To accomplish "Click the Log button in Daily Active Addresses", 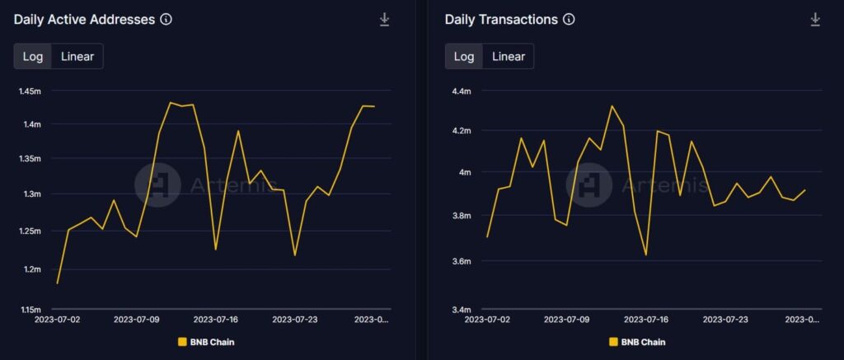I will click(x=33, y=57).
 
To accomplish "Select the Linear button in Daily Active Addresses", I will click(x=77, y=57).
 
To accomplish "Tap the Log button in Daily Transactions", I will click(x=464, y=57).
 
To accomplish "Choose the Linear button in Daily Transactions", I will click(x=509, y=57).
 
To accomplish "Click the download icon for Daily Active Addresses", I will click(x=384, y=20).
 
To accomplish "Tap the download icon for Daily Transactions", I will click(x=815, y=20).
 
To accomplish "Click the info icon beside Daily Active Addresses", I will click(x=166, y=20).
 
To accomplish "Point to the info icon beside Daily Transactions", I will click(x=569, y=20).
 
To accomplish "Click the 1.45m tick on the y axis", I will click(x=30, y=91).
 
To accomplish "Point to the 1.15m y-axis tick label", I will click(x=30, y=310).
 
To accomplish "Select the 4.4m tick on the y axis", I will click(x=458, y=91).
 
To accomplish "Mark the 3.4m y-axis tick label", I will click(x=458, y=310).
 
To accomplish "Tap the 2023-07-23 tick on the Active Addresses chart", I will click(x=294, y=319).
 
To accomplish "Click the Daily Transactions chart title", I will click(x=501, y=20).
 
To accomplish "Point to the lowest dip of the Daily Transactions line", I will click(x=646, y=255).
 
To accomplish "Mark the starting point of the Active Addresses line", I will click(x=57, y=283).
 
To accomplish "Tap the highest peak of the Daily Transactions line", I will click(x=612, y=105).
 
